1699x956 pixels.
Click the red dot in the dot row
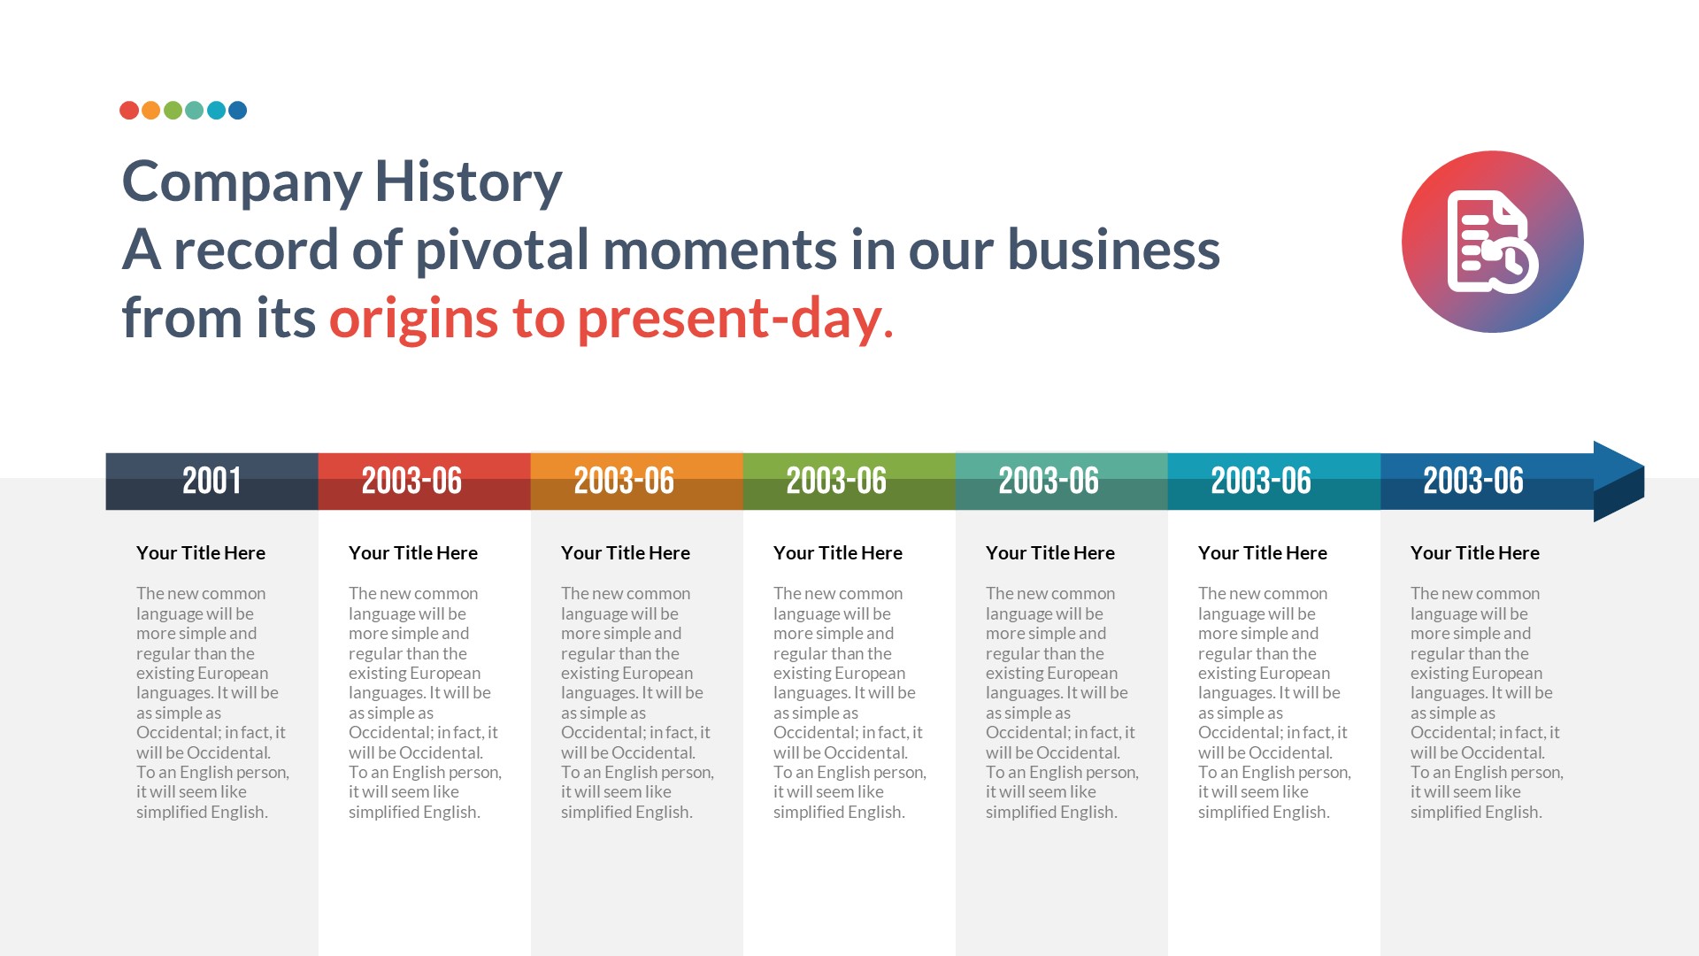coord(129,111)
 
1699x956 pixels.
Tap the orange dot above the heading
coord(151,111)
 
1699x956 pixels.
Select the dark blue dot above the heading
coord(237,111)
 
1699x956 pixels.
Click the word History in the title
coord(468,181)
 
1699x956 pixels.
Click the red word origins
coord(413,318)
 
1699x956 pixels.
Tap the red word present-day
coord(730,318)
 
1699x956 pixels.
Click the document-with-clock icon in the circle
coord(1493,242)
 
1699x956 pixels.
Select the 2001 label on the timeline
coord(211,481)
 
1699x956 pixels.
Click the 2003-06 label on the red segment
coord(411,481)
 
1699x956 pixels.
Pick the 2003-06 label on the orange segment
coord(624,481)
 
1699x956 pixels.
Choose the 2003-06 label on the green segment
coord(836,481)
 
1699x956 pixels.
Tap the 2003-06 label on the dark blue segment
coord(1473,481)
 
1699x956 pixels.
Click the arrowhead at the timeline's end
coord(1618,481)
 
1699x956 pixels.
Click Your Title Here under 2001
coord(201,553)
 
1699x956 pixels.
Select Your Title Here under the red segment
coord(413,553)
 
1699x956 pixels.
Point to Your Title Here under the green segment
coord(838,553)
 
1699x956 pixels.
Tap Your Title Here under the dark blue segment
coord(1475,553)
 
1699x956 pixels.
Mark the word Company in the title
coord(242,181)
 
